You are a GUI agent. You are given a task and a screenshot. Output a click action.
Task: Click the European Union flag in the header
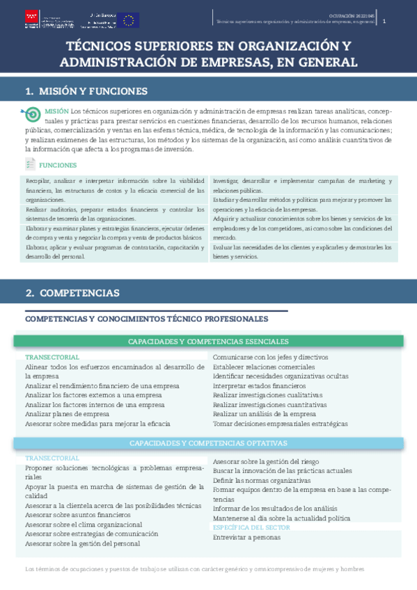[x=128, y=19]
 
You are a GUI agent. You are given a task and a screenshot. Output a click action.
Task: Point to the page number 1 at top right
[x=384, y=22]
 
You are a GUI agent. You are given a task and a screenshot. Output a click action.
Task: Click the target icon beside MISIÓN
[x=33, y=113]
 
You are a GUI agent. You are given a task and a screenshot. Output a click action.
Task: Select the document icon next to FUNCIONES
[x=30, y=164]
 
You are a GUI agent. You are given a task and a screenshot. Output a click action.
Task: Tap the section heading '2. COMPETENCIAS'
[x=72, y=293]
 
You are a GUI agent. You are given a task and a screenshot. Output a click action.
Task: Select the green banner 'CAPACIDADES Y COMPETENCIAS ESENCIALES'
[x=208, y=342]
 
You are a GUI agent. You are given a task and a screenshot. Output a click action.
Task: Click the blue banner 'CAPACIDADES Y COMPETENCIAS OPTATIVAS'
[x=208, y=443]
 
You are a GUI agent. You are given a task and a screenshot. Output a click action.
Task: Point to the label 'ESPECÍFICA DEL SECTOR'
[x=251, y=527]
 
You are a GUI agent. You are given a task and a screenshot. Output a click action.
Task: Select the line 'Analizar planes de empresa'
[x=67, y=413]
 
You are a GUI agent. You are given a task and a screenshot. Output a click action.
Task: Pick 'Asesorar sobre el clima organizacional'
[x=84, y=525]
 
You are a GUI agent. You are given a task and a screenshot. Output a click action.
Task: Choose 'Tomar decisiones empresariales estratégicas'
[x=280, y=423]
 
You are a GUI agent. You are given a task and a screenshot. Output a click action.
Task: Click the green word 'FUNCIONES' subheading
[x=58, y=166]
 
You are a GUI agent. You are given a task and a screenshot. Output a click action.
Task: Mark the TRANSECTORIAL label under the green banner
[x=52, y=357]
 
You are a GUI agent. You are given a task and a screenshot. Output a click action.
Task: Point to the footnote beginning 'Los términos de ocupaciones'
[x=194, y=569]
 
